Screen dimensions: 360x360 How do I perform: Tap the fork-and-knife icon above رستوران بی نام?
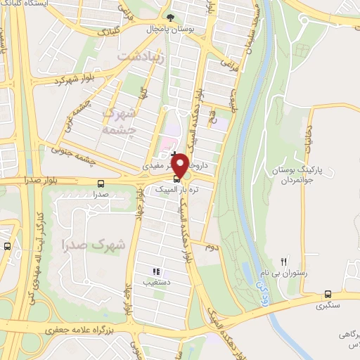point(285,261)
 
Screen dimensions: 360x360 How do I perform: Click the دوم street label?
point(211,247)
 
